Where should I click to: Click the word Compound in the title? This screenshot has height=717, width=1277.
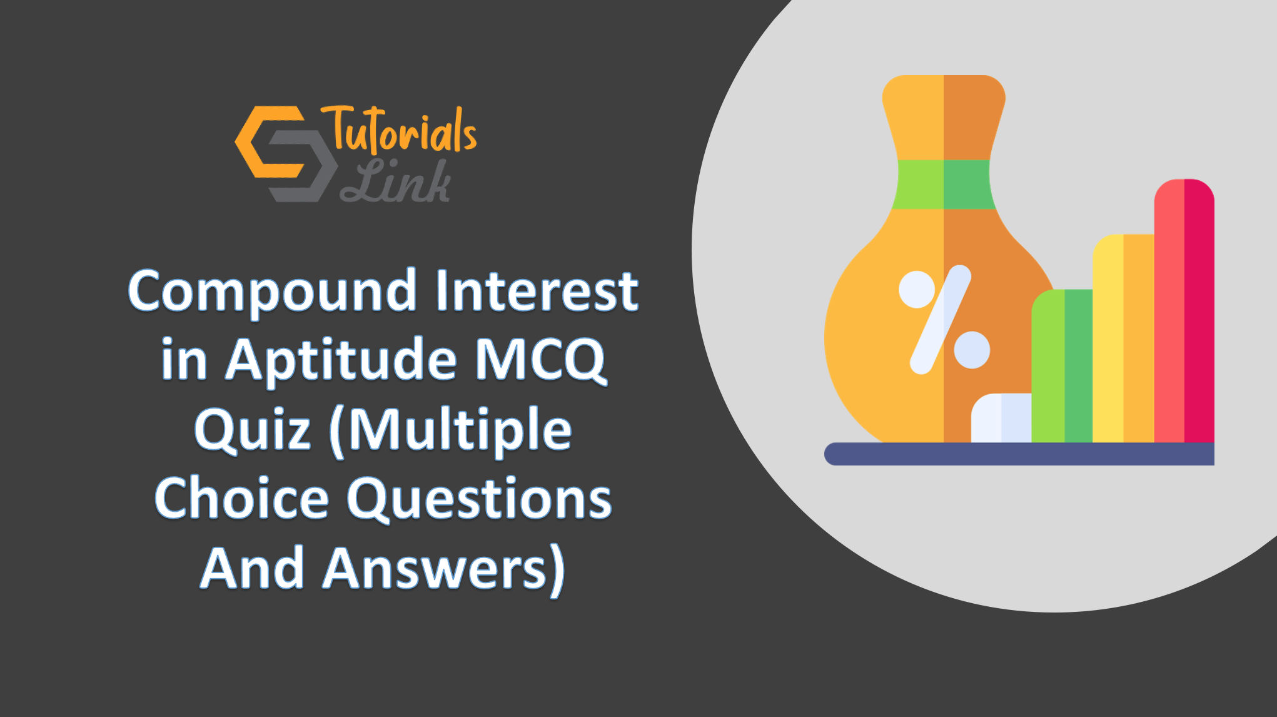click(272, 292)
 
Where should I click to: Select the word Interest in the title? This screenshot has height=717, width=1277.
click(537, 290)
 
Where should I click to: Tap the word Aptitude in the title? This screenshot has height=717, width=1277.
click(341, 360)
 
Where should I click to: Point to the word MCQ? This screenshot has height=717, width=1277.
click(541, 361)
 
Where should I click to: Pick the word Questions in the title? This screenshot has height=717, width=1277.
click(480, 500)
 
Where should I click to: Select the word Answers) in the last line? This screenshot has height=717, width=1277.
click(443, 569)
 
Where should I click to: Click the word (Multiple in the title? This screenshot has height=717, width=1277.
click(450, 431)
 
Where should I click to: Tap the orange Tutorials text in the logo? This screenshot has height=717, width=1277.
click(399, 130)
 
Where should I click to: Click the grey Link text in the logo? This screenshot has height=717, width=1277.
click(395, 181)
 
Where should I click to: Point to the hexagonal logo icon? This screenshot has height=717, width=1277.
click(286, 154)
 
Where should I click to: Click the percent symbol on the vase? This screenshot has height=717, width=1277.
click(944, 320)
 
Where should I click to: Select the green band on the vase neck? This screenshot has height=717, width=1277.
click(944, 184)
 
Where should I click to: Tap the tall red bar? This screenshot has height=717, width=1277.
click(1184, 311)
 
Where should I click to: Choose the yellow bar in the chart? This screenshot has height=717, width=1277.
click(1124, 338)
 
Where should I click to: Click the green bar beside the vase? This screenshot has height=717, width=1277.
click(1062, 366)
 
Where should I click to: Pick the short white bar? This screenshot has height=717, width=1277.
click(1001, 418)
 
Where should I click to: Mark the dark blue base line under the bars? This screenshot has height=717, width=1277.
click(1019, 454)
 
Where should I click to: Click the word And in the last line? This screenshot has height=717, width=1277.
click(253, 569)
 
